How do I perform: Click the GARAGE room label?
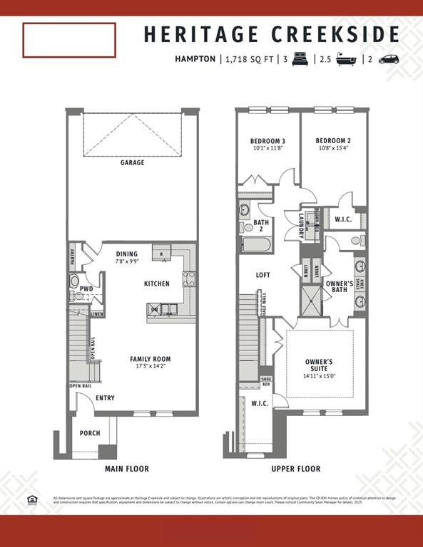(132, 162)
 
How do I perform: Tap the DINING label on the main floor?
(127, 254)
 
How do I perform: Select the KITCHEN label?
(157, 283)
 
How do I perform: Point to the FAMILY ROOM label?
(150, 359)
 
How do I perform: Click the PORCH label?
(90, 432)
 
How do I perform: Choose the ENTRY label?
(105, 398)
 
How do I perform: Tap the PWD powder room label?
(86, 288)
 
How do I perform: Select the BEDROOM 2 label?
(334, 141)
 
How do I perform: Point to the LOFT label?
(263, 274)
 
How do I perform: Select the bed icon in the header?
(300, 60)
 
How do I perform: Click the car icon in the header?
(389, 60)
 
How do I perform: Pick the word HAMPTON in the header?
(195, 60)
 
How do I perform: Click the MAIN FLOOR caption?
(127, 469)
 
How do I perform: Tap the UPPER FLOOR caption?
(296, 469)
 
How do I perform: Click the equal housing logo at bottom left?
(31, 499)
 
